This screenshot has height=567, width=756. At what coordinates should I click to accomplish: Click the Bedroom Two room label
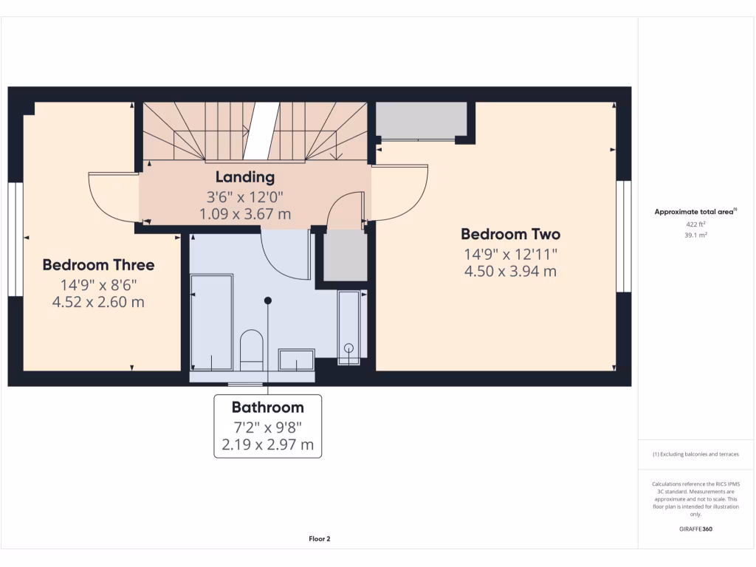510,234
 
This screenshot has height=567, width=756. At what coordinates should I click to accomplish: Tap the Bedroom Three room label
98,264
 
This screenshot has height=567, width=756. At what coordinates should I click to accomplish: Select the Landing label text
245,177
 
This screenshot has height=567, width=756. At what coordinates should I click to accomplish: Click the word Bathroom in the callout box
267,407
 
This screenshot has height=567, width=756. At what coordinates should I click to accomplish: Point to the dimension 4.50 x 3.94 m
510,271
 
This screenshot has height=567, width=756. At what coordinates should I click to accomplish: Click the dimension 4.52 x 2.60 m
98,301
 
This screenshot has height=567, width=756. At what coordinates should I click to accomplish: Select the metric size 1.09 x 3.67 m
245,214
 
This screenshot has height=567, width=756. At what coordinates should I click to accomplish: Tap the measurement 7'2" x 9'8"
267,427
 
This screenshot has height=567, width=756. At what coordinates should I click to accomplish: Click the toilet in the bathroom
252,348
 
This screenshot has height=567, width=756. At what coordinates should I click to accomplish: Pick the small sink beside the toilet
297,360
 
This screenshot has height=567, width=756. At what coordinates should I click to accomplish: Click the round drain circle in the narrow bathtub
348,348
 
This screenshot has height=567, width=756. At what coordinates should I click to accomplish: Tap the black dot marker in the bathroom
268,300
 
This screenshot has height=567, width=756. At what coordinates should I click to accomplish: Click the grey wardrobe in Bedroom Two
421,120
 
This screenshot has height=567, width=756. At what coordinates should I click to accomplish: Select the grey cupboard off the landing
346,255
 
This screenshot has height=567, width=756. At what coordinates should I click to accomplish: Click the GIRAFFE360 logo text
695,529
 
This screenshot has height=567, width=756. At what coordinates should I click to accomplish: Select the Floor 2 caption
319,539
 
